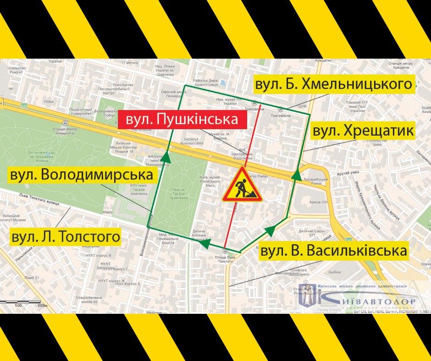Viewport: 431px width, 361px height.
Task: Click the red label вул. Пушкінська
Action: [182, 120]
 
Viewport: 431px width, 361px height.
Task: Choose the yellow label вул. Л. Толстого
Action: [66, 236]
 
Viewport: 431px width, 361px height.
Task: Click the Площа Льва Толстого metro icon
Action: [225, 251]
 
